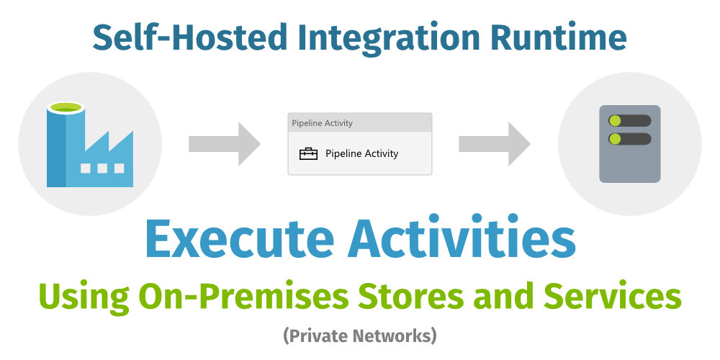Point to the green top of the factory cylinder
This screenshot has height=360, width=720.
[x=66, y=107]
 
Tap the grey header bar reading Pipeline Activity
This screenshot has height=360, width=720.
[x=360, y=122]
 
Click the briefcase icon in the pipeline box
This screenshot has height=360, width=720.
[x=308, y=153]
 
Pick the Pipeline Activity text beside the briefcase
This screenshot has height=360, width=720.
[x=361, y=153]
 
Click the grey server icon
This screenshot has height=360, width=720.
[x=630, y=144]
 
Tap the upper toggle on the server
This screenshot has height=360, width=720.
[x=630, y=120]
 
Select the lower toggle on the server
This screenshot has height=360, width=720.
[x=630, y=138]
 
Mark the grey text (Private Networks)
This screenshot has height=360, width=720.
[x=360, y=335]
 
